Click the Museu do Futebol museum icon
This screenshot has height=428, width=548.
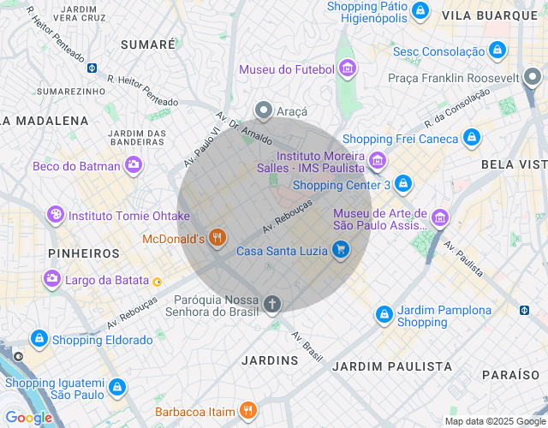pos(347,68)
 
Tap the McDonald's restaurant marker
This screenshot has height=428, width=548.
pos(217,238)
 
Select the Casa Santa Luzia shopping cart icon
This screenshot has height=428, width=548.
pos(341,250)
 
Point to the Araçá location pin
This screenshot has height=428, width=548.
pos(264,110)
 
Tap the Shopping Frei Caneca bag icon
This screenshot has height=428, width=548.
pos(471,138)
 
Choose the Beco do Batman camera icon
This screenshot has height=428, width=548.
pos(133,166)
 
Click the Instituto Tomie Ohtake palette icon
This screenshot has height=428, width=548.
pos(56,215)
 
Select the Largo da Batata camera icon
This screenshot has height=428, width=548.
pos(52,279)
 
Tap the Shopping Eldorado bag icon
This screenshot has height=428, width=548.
pos(39,339)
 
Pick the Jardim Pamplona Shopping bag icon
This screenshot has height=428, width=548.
pos(384,316)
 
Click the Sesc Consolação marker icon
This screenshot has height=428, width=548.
pos(495,51)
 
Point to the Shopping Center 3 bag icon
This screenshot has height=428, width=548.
pos(403,184)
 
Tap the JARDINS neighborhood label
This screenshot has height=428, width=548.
pos(270,360)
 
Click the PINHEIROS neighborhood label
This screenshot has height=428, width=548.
pos(84,253)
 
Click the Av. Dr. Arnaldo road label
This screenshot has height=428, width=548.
pos(244,128)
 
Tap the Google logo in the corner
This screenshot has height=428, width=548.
pos(28,418)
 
